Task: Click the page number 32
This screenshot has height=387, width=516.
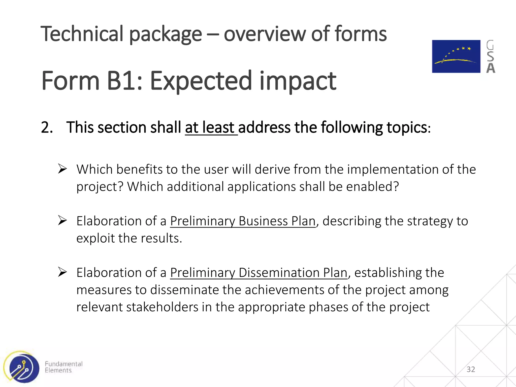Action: pos(471,369)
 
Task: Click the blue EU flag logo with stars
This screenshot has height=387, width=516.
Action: pos(456,56)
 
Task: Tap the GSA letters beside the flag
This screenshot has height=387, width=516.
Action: pos(490,57)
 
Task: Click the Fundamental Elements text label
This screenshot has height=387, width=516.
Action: pos(63,367)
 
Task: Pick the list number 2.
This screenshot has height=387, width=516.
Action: pos(47,127)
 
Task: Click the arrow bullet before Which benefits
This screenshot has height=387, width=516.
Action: pos(62,169)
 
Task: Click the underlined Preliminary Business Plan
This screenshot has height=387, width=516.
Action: pos(243,221)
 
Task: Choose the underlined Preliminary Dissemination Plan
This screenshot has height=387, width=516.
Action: pos(259,273)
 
